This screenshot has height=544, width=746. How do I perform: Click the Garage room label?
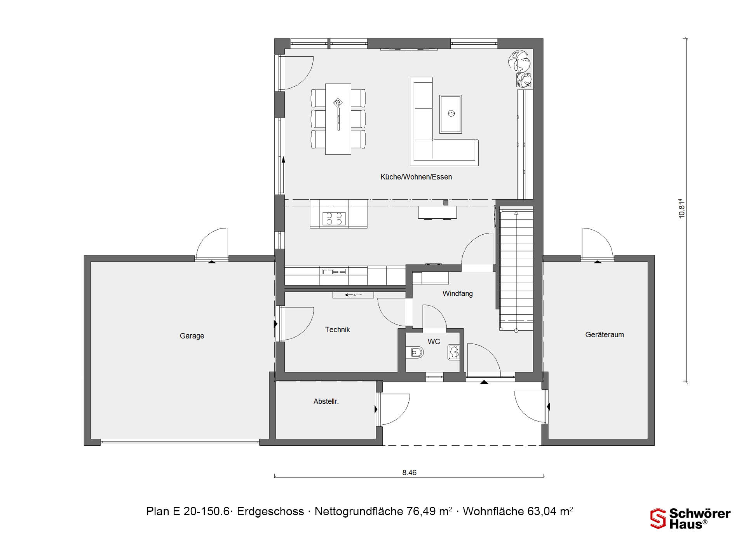click(x=192, y=336)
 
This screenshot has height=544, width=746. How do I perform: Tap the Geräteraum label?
click(x=605, y=335)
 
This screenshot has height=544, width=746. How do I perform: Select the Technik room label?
click(x=337, y=330)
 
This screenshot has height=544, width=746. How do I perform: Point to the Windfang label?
click(x=458, y=294)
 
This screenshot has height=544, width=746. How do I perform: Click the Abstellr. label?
click(x=326, y=401)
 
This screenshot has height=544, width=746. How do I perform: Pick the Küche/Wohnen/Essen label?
click(x=416, y=177)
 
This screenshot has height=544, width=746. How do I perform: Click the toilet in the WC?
click(x=415, y=352)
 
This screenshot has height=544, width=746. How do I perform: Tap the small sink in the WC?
click(x=453, y=352)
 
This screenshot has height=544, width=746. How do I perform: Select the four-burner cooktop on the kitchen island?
click(x=334, y=219)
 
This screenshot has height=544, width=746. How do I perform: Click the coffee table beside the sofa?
click(x=451, y=114)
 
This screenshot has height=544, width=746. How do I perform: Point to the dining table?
click(x=338, y=119)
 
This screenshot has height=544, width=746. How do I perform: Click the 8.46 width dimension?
click(x=409, y=473)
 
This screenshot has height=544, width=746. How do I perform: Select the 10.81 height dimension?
click(x=682, y=209)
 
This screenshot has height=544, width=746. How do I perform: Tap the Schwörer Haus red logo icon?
click(x=658, y=518)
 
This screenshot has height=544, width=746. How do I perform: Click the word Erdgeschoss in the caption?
click(x=270, y=511)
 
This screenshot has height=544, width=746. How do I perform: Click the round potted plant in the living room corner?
click(x=519, y=61)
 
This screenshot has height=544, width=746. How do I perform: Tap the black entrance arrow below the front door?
click(x=484, y=382)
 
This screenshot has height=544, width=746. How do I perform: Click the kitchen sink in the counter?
click(x=334, y=271)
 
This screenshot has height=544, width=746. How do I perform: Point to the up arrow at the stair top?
click(x=516, y=213)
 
